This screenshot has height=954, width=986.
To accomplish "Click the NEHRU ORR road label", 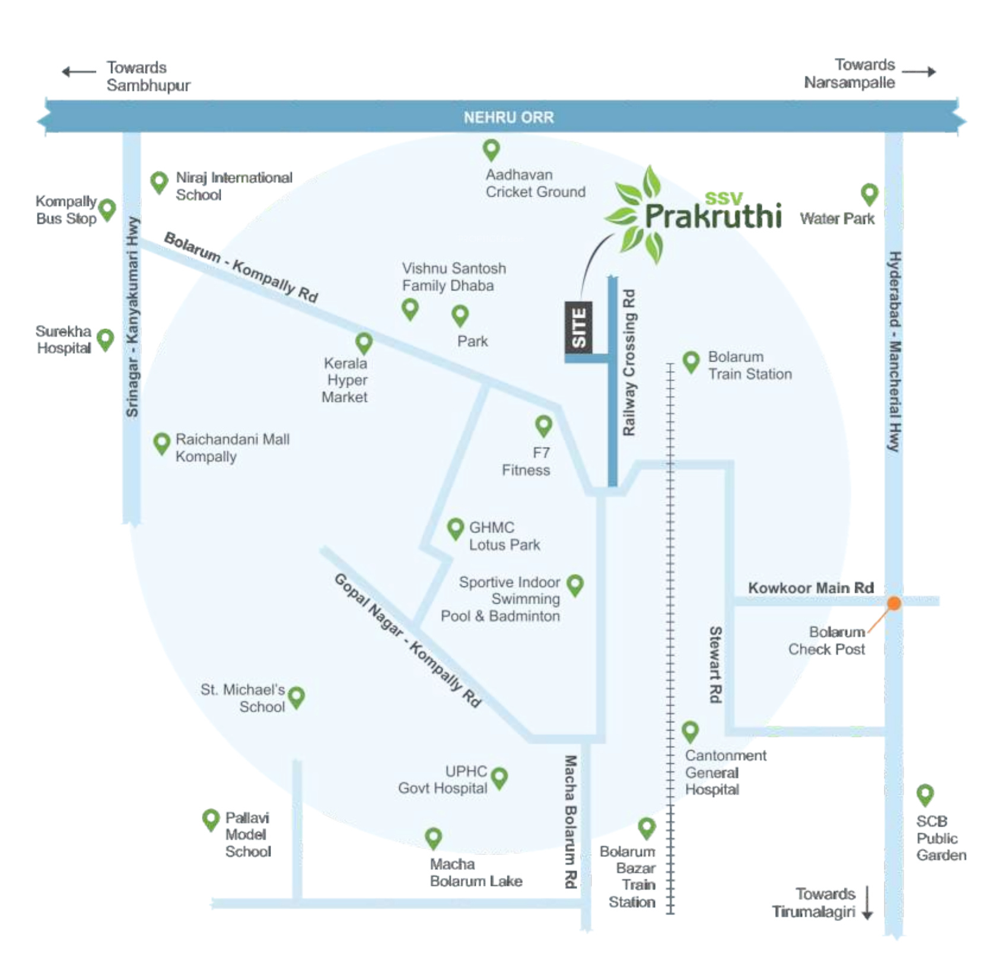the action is tap(508, 117).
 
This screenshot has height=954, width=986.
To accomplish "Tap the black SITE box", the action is tap(579, 328).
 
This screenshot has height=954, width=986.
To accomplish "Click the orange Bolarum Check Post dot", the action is tap(893, 603).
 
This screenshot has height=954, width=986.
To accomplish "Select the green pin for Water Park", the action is tap(869, 194).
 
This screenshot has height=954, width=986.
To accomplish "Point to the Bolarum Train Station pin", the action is tap(691, 362).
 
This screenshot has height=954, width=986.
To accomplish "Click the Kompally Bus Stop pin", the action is tap(107, 209).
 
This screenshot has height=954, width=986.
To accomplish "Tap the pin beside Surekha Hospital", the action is tap(105, 340).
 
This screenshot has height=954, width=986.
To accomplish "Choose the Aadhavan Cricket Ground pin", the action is tap(491, 150).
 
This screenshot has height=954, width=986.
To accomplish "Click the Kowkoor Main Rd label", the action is tap(810, 588).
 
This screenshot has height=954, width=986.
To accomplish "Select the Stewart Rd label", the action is tap(716, 664).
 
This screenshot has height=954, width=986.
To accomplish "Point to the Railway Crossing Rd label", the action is tap(629, 362).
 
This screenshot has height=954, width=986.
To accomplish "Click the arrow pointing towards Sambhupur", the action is tap(79, 72).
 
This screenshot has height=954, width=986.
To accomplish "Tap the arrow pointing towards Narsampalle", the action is tap(919, 72).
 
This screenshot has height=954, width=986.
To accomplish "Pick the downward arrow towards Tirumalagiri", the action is tap(867, 903).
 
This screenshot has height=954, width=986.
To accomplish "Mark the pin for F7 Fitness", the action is tap(543, 425).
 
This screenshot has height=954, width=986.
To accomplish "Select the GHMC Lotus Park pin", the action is tap(455, 529).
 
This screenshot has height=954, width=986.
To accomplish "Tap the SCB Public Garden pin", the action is tap(925, 795).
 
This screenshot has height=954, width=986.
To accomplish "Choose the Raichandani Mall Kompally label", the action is tap(233, 448).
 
